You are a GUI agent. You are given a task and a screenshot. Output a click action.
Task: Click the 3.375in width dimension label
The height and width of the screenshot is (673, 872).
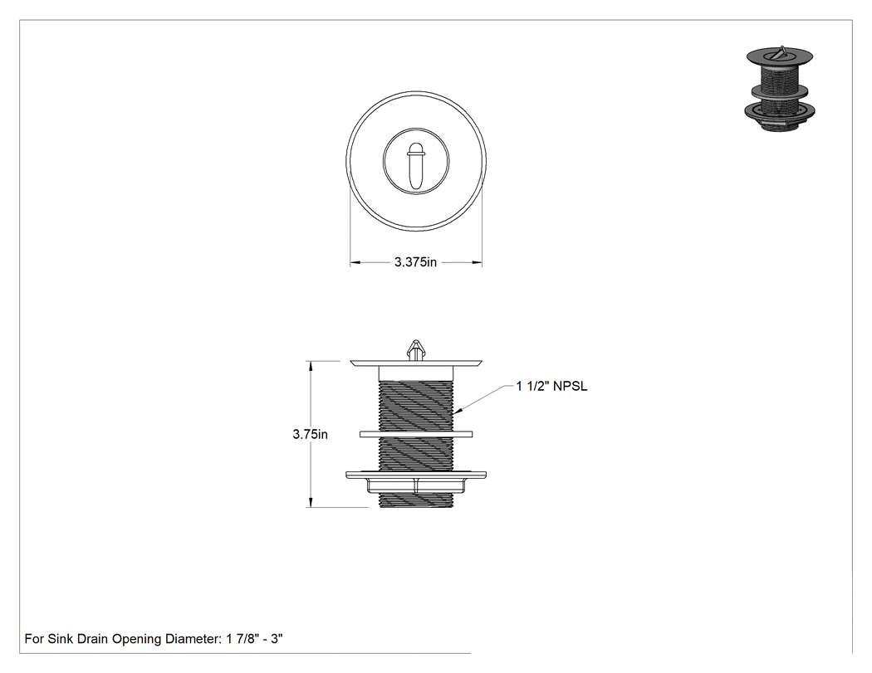point(415,262)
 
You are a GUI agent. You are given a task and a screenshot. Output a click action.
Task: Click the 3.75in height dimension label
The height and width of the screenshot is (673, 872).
point(311,435)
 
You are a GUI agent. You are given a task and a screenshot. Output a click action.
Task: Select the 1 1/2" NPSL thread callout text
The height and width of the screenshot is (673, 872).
point(551,386)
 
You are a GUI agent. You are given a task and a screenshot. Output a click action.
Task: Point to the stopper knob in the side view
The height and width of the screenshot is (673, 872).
point(415,350)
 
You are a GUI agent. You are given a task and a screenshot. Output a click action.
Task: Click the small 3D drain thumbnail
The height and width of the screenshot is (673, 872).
point(779,89)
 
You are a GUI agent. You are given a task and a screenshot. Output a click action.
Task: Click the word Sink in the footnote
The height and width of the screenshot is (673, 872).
point(59,638)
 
